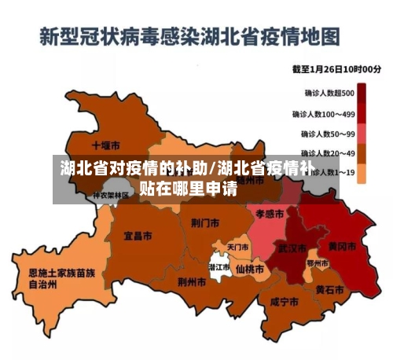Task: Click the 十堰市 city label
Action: pyautogui.click(x=105, y=145)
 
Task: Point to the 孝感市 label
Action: pyautogui.click(x=269, y=213)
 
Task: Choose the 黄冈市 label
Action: pyautogui.click(x=341, y=246)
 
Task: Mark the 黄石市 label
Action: pyautogui.click(x=329, y=289)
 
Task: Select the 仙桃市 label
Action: pyautogui.click(x=250, y=268)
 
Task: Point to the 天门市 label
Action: pyautogui.click(x=237, y=248)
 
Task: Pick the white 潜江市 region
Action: pyautogui.click(x=219, y=266)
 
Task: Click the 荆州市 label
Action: pyautogui.click(x=192, y=281)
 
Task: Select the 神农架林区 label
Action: pyautogui.click(x=111, y=195)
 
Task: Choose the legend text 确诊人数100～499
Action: pyautogui.click(x=322, y=114)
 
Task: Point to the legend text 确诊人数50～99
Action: pyautogui.click(x=323, y=134)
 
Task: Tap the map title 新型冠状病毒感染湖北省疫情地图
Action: pyautogui.click(x=190, y=36)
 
